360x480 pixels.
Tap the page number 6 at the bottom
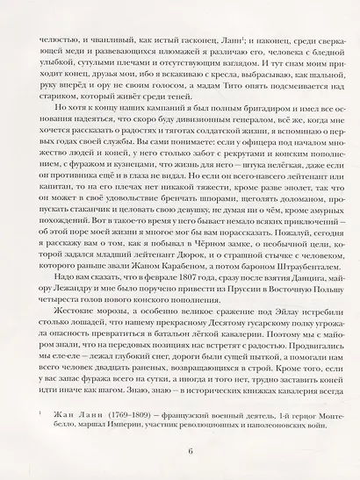pyautogui.click(x=180, y=451)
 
